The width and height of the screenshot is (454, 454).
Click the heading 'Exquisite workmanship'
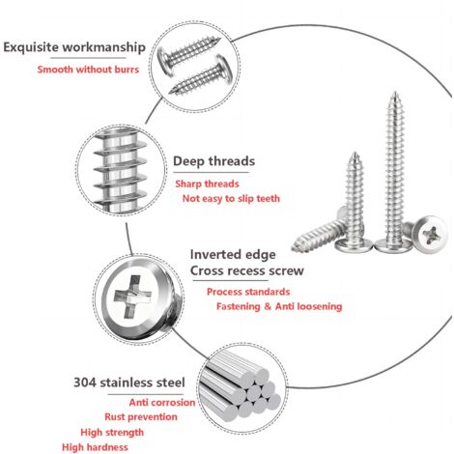click(x=74, y=47)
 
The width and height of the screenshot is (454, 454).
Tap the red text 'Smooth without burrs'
click(x=88, y=70)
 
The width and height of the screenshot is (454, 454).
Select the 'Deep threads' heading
click(x=213, y=161)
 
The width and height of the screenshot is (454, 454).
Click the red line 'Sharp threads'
click(x=207, y=184)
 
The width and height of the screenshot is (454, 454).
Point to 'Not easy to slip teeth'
click(x=231, y=199)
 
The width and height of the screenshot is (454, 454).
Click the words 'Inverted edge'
click(x=233, y=254)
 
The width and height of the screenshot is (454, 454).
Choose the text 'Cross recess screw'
click(x=247, y=270)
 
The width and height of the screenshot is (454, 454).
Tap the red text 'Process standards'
click(x=248, y=292)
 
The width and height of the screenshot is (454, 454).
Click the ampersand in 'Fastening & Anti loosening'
click(x=268, y=306)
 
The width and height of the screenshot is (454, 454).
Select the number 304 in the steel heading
click(x=85, y=383)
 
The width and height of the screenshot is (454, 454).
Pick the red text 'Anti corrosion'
click(x=162, y=403)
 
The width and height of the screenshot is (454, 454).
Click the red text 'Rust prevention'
click(x=141, y=417)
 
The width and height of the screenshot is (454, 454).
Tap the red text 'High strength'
click(x=112, y=433)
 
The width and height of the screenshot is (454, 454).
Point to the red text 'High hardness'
click(x=95, y=447)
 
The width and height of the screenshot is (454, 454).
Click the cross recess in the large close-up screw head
click(x=132, y=297)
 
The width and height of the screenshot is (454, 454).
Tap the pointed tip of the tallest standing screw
click(x=395, y=93)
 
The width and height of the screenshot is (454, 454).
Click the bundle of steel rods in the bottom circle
click(x=240, y=386)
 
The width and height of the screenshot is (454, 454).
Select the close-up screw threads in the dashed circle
click(x=121, y=170)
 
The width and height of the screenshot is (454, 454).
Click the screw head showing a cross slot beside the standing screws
click(x=430, y=234)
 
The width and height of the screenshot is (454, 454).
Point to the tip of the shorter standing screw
click(x=355, y=154)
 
